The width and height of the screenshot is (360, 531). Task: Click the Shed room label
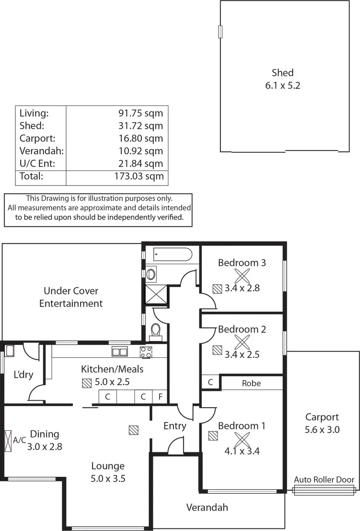[282, 73]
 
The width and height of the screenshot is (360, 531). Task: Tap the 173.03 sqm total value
[139, 176]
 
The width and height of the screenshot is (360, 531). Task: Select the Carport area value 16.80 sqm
[141, 138]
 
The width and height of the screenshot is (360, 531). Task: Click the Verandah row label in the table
[41, 151]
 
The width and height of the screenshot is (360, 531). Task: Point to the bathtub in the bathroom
[173, 254]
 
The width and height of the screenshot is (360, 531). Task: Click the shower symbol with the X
[156, 294]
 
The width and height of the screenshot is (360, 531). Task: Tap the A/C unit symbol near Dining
[8, 440]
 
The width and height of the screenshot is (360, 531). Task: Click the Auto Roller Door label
[324, 479]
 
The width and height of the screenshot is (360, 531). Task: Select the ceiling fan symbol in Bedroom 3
[242, 276]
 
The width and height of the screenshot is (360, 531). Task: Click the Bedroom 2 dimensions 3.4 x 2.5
[242, 354]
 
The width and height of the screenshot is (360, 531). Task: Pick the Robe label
[251, 383]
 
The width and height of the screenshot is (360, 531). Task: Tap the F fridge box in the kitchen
[160, 397]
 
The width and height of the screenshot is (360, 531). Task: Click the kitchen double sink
[120, 351]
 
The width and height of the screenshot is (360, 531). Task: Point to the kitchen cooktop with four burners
[146, 352]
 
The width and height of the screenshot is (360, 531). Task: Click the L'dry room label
[23, 375]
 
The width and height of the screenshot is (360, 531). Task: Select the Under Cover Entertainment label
[71, 297]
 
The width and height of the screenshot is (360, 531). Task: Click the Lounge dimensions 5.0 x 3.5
[108, 478]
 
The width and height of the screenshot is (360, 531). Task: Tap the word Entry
[175, 426]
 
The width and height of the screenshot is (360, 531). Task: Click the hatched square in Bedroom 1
[213, 436]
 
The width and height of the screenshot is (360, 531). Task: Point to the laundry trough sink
[9, 351]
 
